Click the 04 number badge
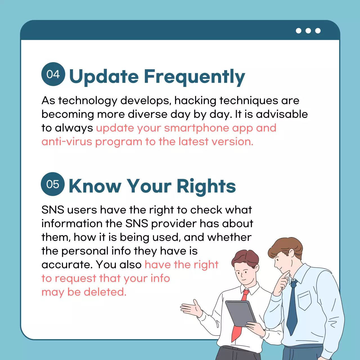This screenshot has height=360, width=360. pyautogui.click(x=53, y=74)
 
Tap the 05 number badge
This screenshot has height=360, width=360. pyautogui.click(x=53, y=184)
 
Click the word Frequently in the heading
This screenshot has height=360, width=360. pyautogui.click(x=194, y=77)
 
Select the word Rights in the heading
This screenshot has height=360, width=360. pyautogui.click(x=206, y=186)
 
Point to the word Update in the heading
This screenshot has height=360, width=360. pyautogui.click(x=104, y=77)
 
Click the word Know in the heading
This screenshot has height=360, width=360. pyautogui.click(x=95, y=186)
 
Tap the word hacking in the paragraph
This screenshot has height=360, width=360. pyautogui.click(x=195, y=100)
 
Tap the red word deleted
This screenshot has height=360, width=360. pyautogui.click(x=105, y=292)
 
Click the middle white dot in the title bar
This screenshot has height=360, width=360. pyautogui.click(x=308, y=31)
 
